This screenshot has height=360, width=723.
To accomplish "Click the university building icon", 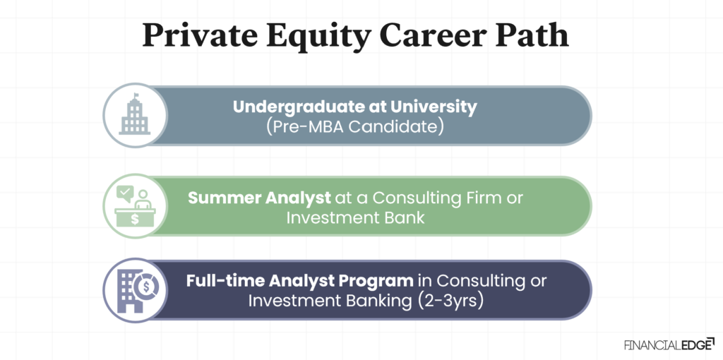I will tap(134, 117).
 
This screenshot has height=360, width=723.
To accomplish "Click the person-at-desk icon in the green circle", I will tap(134, 205).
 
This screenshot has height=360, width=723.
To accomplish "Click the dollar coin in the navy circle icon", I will tap(149, 288).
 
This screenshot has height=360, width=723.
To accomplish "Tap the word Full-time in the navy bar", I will tap(225, 280).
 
